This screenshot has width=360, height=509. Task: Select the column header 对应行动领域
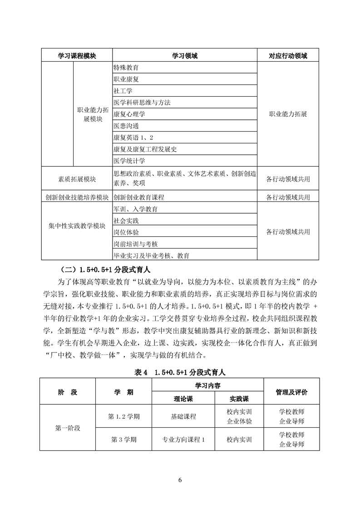[x=288, y=56]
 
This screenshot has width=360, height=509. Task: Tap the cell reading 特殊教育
[x=126, y=68]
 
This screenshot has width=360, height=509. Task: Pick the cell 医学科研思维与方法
[x=142, y=103]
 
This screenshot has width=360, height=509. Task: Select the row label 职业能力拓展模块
[x=93, y=114]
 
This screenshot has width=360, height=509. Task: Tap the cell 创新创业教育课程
[x=139, y=197]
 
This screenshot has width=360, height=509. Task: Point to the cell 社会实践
[x=126, y=220]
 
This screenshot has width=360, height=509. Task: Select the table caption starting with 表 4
[x=180, y=372]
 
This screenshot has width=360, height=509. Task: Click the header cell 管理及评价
[x=291, y=392]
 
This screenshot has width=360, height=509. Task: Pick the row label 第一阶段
[x=68, y=428]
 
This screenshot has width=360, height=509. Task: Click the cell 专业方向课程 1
[x=180, y=440]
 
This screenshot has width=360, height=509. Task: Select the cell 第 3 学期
[x=123, y=440]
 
